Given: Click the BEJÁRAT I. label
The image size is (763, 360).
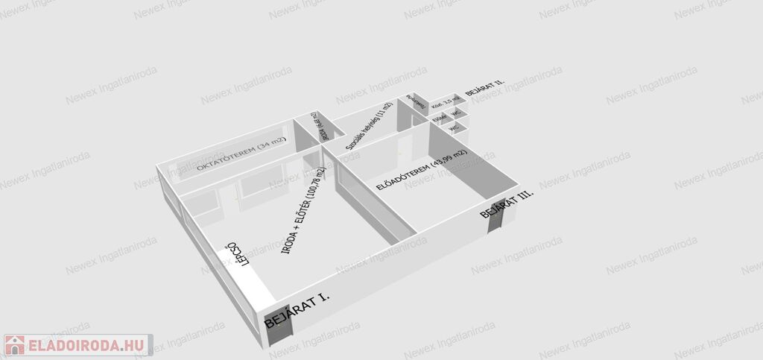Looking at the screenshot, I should [297, 311].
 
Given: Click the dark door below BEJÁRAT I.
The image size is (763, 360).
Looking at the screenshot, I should [276, 326].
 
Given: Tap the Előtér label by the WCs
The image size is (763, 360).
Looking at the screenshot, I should [440, 117].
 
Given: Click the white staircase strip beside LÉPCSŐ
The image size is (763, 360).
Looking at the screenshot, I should [247, 272].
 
